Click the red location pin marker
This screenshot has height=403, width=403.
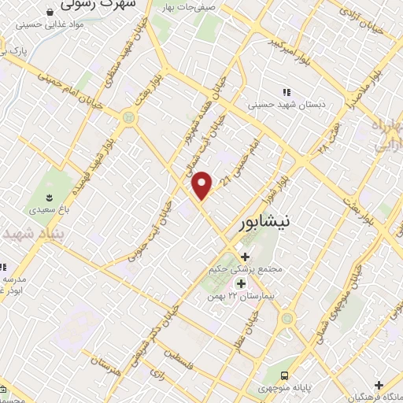tap(202, 184)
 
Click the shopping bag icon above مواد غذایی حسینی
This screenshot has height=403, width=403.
tap(50, 13)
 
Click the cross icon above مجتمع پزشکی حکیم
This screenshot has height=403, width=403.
tap(246, 257)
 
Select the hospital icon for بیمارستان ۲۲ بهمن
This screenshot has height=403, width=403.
tap(241, 283)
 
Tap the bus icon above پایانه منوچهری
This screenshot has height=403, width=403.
tap(284, 375)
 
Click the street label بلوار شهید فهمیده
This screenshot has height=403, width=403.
tap(93, 161)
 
